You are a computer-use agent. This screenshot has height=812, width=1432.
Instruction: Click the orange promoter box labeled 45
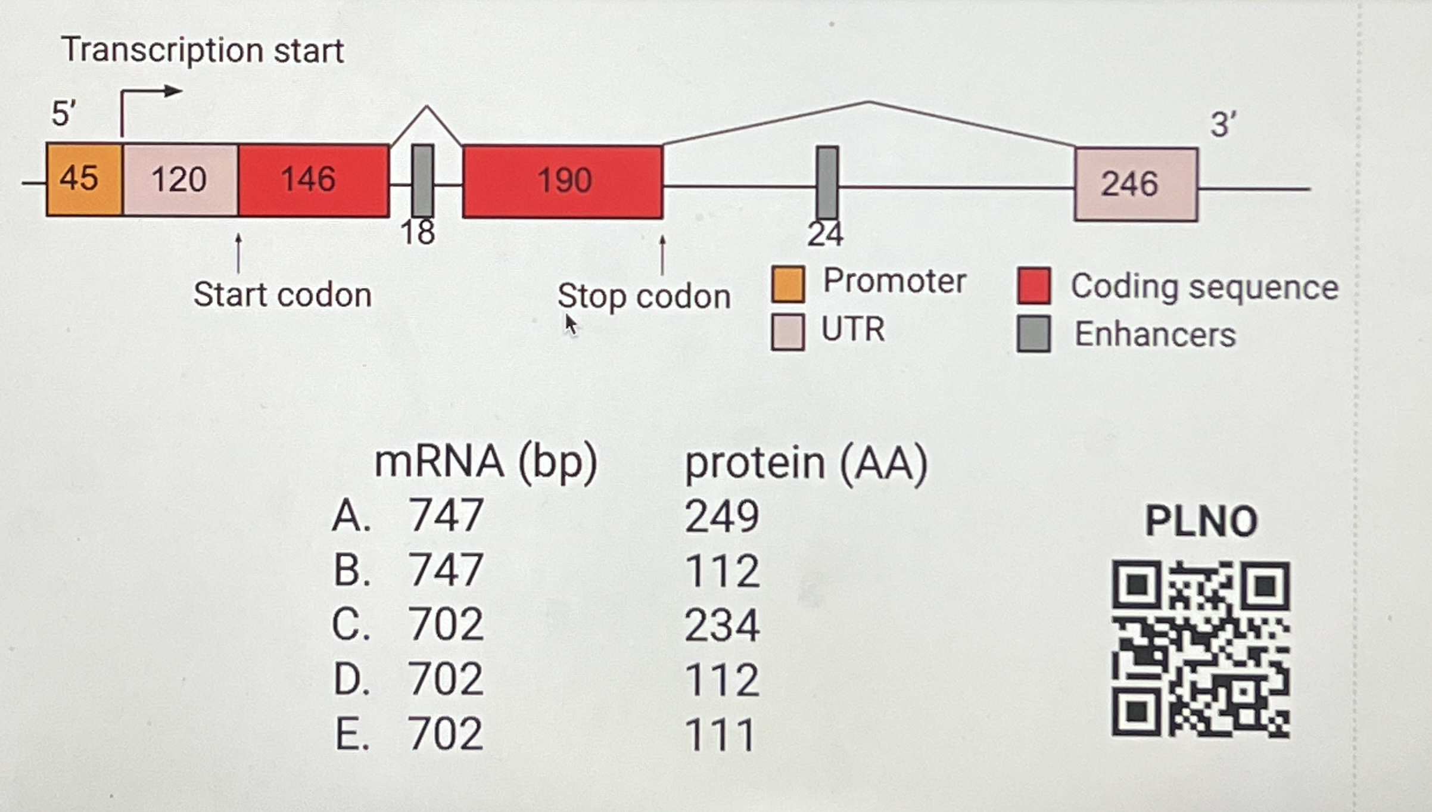(84, 179)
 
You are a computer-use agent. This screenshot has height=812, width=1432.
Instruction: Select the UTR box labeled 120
(180, 179)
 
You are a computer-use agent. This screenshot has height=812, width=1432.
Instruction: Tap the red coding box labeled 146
(313, 180)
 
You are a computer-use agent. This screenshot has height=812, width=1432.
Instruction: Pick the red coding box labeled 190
(562, 181)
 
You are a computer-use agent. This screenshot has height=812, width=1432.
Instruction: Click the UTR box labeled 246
(1136, 184)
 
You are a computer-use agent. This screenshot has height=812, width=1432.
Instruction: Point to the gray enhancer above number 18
(422, 180)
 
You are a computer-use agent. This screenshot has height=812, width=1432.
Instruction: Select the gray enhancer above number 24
(827, 182)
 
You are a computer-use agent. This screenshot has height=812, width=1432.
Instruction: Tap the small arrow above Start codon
(238, 253)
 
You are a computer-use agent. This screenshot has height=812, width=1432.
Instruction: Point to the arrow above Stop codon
(662, 254)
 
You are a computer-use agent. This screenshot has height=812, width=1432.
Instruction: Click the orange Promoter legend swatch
(787, 284)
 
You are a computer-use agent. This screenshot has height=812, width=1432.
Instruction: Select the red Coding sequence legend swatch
(1033, 286)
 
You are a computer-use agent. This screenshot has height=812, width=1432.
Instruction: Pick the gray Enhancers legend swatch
(1033, 334)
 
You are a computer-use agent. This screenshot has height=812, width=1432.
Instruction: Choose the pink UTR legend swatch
(787, 332)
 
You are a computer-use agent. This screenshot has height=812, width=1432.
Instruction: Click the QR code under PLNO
(1200, 649)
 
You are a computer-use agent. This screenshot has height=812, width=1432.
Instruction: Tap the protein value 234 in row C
(722, 626)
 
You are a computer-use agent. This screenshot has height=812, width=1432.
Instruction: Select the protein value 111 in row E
(721, 735)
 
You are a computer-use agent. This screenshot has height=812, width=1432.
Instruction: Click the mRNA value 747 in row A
(446, 515)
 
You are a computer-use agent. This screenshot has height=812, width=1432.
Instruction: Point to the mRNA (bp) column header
(485, 462)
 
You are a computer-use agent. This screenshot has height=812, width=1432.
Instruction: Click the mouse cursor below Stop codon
(571, 325)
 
